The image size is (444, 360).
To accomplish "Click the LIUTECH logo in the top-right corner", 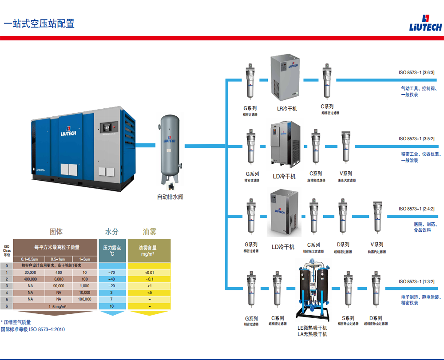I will (x=425, y=23).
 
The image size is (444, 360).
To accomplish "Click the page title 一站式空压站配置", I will (x=39, y=24).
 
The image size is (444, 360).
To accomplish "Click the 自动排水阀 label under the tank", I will (x=170, y=197).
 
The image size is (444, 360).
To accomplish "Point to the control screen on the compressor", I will (x=108, y=127).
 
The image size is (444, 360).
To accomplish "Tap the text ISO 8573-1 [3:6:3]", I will (x=416, y=72).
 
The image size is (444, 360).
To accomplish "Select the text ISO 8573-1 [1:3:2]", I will (x=416, y=281).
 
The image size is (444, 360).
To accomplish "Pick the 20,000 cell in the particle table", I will (x=30, y=272).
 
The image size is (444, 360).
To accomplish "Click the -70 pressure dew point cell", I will (x=112, y=272).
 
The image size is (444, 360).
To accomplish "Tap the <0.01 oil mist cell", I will (x=149, y=272).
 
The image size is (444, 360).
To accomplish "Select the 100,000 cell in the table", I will (x=84, y=299).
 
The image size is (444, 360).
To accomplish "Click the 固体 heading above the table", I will (x=56, y=232).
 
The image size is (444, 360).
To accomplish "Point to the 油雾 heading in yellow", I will (x=149, y=232).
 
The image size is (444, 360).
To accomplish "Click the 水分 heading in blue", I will (x=112, y=232).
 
